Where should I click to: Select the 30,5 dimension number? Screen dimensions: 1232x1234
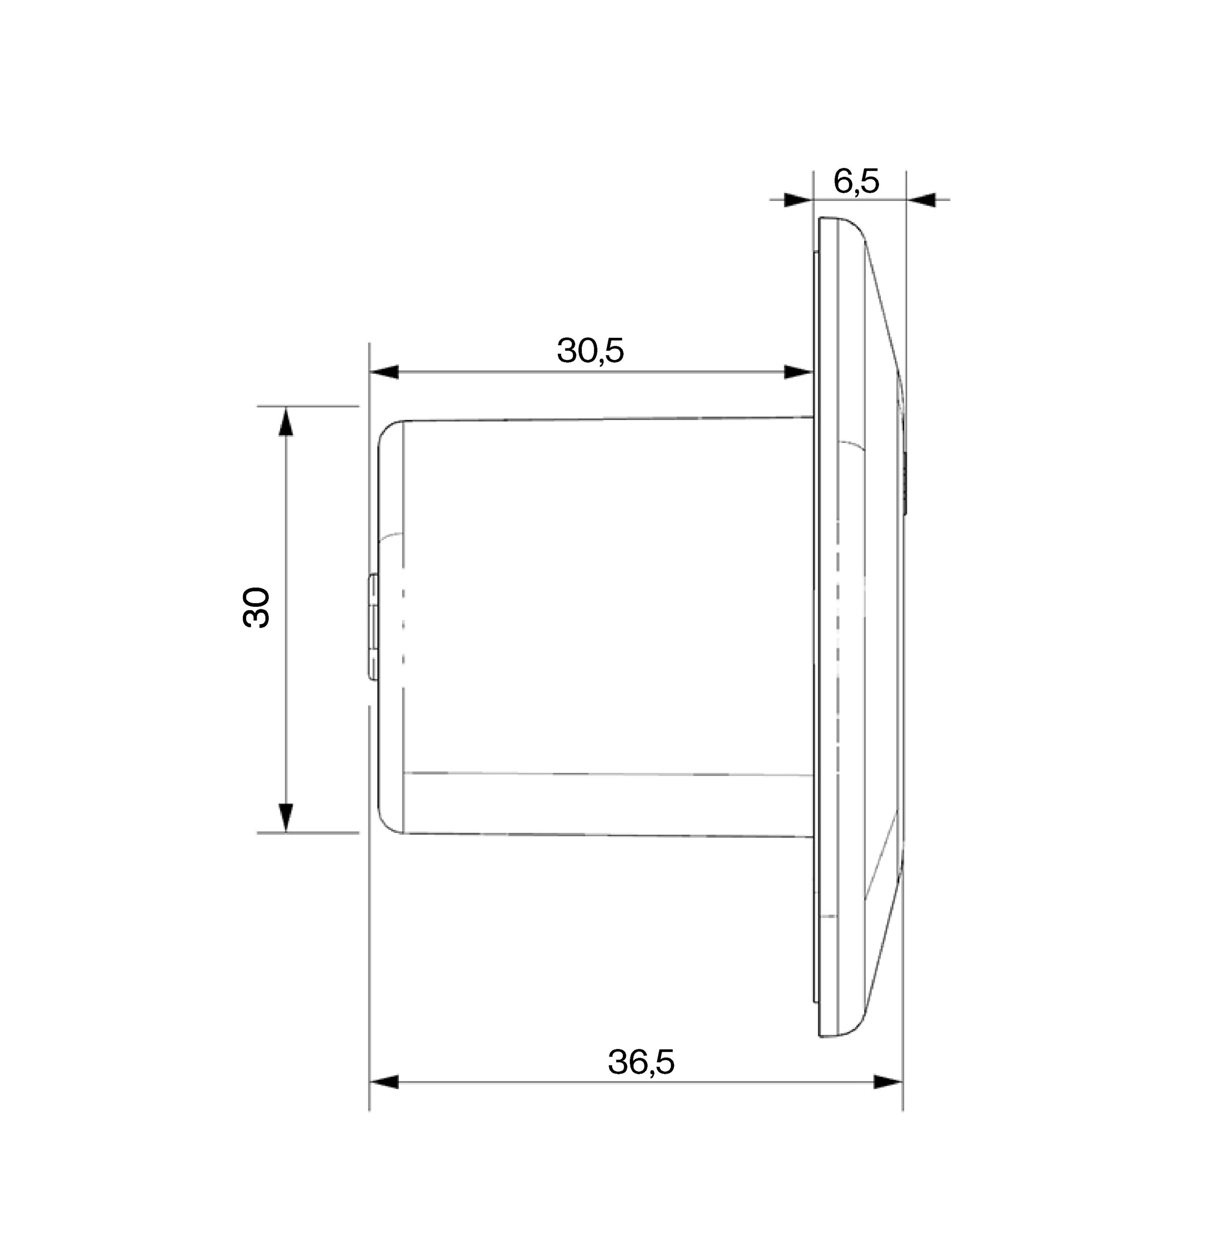(x=590, y=350)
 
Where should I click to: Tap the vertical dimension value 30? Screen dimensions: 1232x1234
(x=257, y=607)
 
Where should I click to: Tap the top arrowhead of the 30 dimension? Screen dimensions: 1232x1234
(x=286, y=422)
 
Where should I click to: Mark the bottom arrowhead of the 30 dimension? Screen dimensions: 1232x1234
(x=286, y=818)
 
